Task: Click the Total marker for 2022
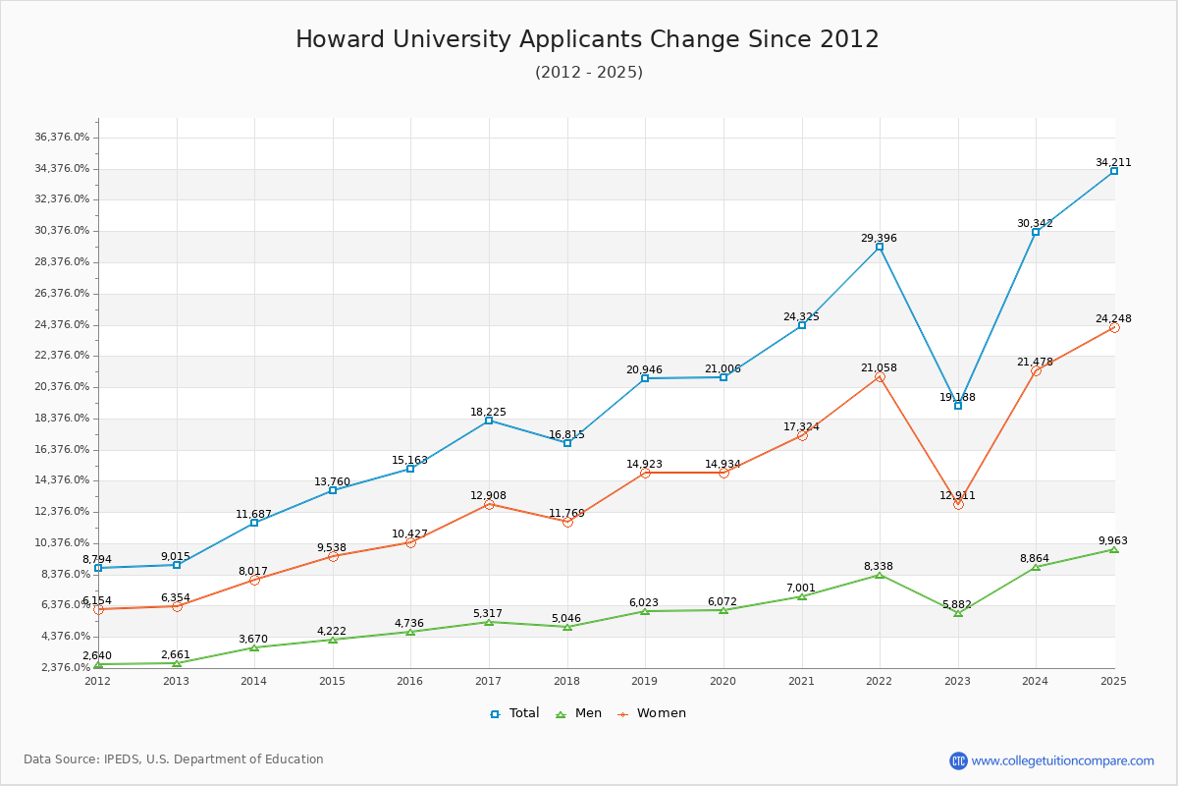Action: tap(880, 247)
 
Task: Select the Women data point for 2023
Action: tap(958, 504)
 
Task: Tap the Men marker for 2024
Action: tap(1036, 567)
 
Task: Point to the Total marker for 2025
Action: tap(1114, 171)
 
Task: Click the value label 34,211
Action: tap(1113, 163)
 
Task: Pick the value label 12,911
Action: tap(957, 496)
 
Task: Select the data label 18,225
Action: tap(488, 413)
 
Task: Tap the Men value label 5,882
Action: tap(957, 605)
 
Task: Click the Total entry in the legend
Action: tap(514, 713)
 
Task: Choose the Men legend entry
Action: tap(580, 713)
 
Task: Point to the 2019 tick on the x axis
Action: tap(645, 680)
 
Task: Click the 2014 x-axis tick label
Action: tap(254, 680)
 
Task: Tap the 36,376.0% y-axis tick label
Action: tap(62, 138)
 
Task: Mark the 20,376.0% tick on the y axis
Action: tap(62, 387)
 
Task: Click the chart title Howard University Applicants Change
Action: tap(587, 39)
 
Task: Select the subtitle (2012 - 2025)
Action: tap(588, 73)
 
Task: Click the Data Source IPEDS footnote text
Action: tap(174, 759)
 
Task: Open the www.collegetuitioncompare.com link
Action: tap(1062, 760)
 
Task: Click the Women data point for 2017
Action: tap(489, 504)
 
